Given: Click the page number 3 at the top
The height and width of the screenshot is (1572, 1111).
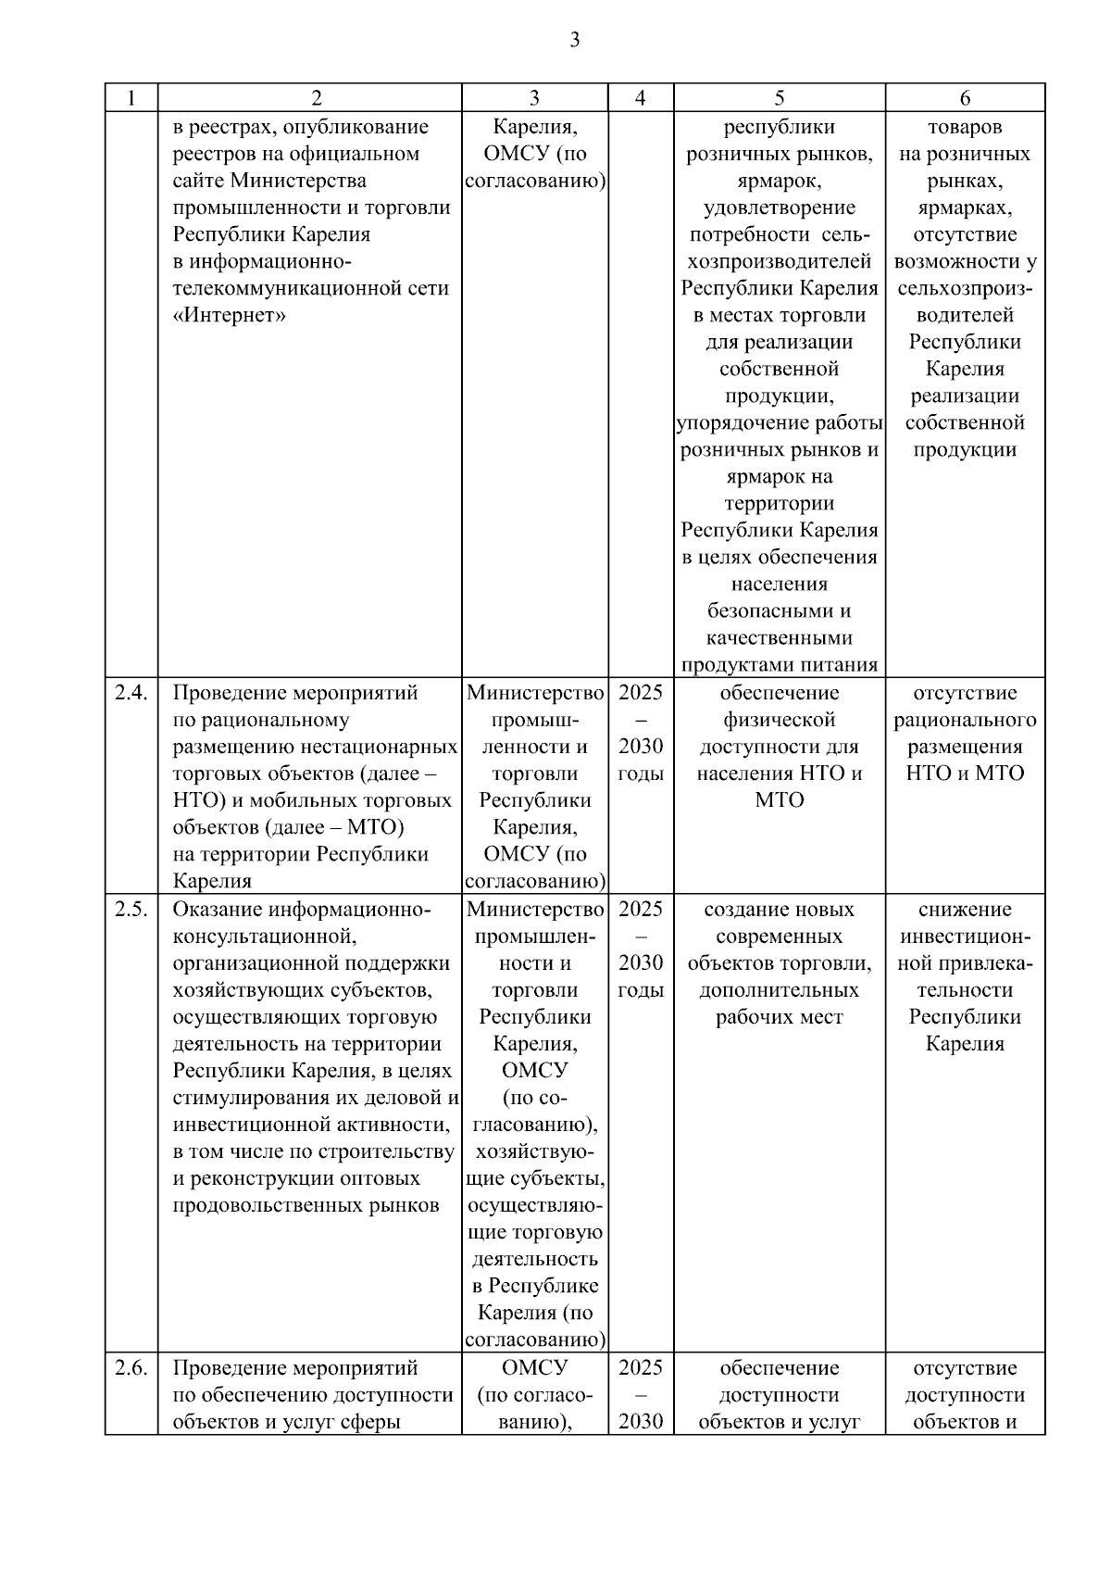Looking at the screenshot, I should point(574,40).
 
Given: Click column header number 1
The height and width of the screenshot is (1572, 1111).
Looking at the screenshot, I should point(131,98).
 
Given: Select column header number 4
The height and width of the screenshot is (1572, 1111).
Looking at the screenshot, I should point(640,98).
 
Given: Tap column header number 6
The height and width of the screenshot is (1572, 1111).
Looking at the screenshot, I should point(965,98).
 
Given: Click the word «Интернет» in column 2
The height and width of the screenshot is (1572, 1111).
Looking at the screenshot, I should point(230,316).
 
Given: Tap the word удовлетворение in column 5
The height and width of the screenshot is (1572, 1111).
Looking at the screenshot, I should point(779,208).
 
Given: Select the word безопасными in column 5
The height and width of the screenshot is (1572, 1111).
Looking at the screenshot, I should point(779,611).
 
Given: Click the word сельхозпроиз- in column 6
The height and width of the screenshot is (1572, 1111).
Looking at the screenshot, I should point(965,288).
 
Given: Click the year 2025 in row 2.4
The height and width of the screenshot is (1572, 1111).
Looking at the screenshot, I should point(640,693).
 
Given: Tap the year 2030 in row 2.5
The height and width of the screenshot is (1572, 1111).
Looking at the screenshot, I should point(640,962).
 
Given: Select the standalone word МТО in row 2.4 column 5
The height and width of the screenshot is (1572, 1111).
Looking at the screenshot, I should point(779,800).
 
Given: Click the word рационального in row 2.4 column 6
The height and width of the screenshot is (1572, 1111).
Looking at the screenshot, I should point(965,720).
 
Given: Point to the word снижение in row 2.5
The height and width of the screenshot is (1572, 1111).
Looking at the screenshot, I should point(965,909).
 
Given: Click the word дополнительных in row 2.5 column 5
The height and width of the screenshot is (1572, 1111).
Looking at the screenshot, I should point(779,990).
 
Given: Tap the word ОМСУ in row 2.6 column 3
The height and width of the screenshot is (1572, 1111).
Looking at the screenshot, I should point(534,1368).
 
